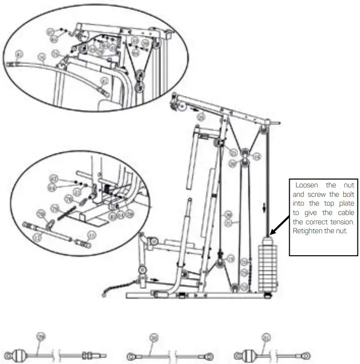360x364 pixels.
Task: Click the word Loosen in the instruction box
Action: click(307, 185)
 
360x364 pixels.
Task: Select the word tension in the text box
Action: click(340, 221)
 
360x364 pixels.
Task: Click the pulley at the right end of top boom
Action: click(265, 131)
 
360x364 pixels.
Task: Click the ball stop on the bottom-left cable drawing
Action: click(19, 354)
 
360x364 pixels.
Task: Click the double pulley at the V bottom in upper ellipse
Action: click(140, 81)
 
